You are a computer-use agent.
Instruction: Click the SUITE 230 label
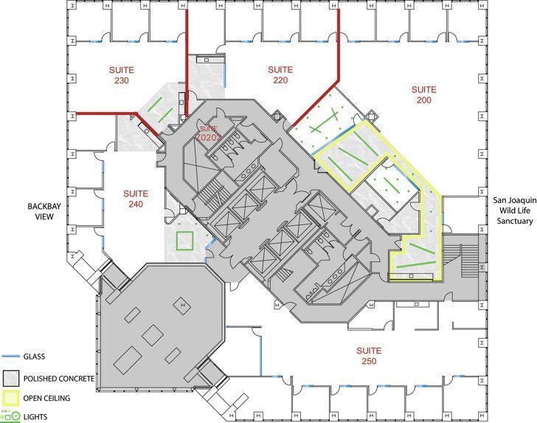click(122, 75)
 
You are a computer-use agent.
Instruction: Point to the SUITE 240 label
click(135, 199)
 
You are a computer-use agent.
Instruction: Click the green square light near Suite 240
click(184, 241)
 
